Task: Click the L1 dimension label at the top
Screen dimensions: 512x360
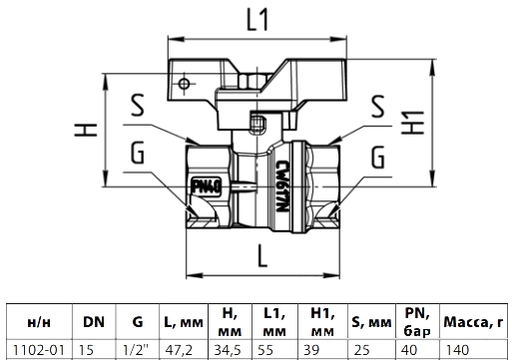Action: pyautogui.click(x=256, y=19)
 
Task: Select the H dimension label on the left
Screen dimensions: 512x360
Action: pyautogui.click(x=86, y=130)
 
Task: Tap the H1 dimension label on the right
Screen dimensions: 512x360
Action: pyautogui.click(x=412, y=123)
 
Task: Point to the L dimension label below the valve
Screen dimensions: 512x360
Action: pyautogui.click(x=262, y=256)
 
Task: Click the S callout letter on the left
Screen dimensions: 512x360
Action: pyautogui.click(x=138, y=105)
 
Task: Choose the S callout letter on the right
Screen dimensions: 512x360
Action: pyautogui.click(x=377, y=107)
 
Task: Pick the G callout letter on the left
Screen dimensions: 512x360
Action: pyautogui.click(x=138, y=153)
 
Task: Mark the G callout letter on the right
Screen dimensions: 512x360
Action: pyautogui.click(x=378, y=157)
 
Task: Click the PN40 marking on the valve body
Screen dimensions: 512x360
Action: pyautogui.click(x=207, y=186)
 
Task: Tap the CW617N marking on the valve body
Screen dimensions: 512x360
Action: pyautogui.click(x=282, y=186)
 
